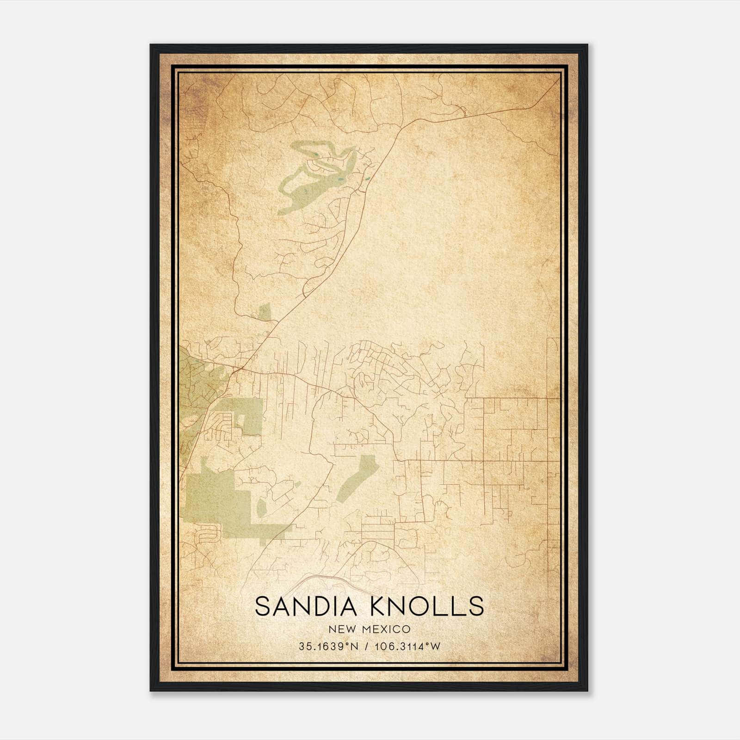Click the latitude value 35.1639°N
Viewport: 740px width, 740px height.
coord(329,647)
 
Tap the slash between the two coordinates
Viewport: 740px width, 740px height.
coord(367,647)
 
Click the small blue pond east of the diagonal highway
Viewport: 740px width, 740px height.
coord(368,178)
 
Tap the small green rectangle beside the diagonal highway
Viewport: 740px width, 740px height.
coord(264,312)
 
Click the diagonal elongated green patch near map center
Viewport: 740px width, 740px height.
coord(357,479)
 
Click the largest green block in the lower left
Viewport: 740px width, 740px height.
coord(217,502)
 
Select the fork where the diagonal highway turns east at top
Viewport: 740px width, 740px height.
coord(403,126)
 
